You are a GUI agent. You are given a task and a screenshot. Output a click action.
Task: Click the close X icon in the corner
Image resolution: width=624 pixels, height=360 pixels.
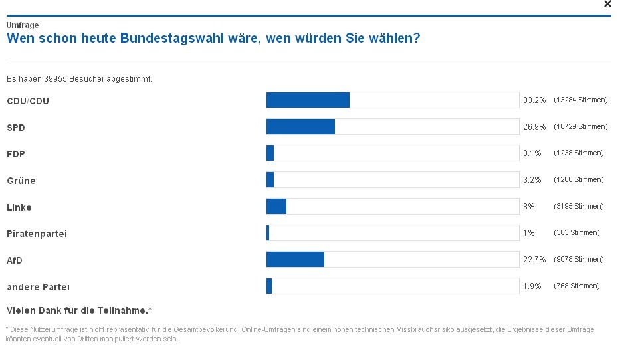pyautogui.click(x=607, y=4)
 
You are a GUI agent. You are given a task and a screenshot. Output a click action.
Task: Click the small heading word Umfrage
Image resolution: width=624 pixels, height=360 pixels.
pyautogui.click(x=23, y=25)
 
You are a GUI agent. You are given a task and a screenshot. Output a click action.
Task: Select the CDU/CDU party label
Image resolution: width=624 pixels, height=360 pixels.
pyautogui.click(x=28, y=101)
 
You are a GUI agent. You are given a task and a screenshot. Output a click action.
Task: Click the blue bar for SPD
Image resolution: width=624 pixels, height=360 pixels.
pyautogui.click(x=300, y=126)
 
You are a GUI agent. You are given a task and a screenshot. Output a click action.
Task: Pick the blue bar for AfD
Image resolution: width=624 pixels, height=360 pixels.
pyautogui.click(x=295, y=259)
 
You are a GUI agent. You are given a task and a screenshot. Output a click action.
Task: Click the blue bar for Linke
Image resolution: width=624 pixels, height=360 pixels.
pyautogui.click(x=276, y=206)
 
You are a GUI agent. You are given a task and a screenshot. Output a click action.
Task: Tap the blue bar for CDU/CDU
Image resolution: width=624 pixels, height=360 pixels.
pyautogui.click(x=308, y=100)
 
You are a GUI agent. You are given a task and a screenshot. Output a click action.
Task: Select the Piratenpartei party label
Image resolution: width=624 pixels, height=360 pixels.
pyautogui.click(x=37, y=234)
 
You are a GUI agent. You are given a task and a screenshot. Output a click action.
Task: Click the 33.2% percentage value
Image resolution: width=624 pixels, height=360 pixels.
pyautogui.click(x=534, y=100)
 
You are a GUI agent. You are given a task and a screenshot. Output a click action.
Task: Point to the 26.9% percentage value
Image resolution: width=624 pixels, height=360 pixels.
pyautogui.click(x=534, y=127)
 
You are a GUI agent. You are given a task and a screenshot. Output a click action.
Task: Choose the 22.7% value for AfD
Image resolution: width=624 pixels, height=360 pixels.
pyautogui.click(x=534, y=260)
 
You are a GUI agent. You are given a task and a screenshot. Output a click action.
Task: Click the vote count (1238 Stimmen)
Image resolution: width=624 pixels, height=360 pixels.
pyautogui.click(x=578, y=153)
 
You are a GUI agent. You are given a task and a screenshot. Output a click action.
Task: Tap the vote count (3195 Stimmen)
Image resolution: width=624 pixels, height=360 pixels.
pyautogui.click(x=578, y=207)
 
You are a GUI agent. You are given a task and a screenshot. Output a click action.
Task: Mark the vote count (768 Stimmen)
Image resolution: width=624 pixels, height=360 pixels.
pyautogui.click(x=576, y=286)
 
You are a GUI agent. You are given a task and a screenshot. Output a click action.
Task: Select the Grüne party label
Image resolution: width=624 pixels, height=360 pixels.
pyautogui.click(x=21, y=181)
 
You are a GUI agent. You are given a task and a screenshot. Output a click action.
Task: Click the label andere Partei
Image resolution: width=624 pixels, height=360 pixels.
pyautogui.click(x=38, y=287)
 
